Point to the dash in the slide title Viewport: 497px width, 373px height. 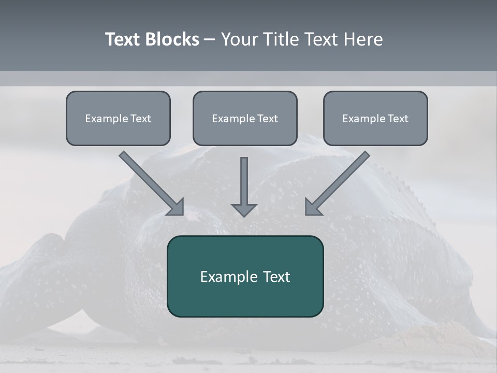click(210, 40)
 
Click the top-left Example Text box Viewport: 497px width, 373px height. click(118, 118)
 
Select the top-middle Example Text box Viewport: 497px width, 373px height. click(245, 118)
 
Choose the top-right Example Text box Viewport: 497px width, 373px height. click(375, 118)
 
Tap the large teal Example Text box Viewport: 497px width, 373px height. click(245, 276)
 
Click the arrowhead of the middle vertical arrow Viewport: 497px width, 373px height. click(244, 209)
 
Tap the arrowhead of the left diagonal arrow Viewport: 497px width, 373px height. click(177, 207)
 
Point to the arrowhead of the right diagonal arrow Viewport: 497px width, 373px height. click(312, 207)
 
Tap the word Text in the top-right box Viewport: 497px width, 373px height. click(398, 119)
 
